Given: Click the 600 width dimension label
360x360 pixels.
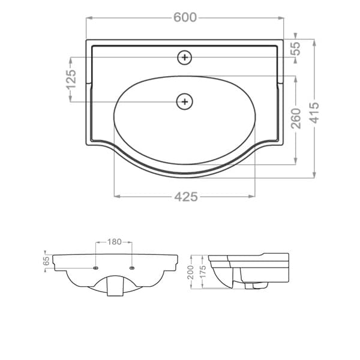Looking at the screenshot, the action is pyautogui.click(x=185, y=17).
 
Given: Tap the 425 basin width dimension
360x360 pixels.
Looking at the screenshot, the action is pyautogui.click(x=186, y=197).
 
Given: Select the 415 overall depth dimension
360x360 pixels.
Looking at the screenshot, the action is pyautogui.click(x=314, y=113).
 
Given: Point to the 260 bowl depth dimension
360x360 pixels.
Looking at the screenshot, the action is pyautogui.click(x=296, y=118).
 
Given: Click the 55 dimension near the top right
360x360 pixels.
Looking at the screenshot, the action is pyautogui.click(x=296, y=49).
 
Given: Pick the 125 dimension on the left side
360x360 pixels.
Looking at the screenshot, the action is pyautogui.click(x=71, y=79).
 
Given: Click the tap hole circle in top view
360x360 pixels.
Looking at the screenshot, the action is pyautogui.click(x=185, y=58).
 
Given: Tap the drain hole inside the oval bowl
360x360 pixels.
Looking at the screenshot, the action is pyautogui.click(x=185, y=101).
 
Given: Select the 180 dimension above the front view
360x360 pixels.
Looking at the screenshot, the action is pyautogui.click(x=114, y=242).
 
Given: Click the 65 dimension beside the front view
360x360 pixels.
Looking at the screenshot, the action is pyautogui.click(x=46, y=261).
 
